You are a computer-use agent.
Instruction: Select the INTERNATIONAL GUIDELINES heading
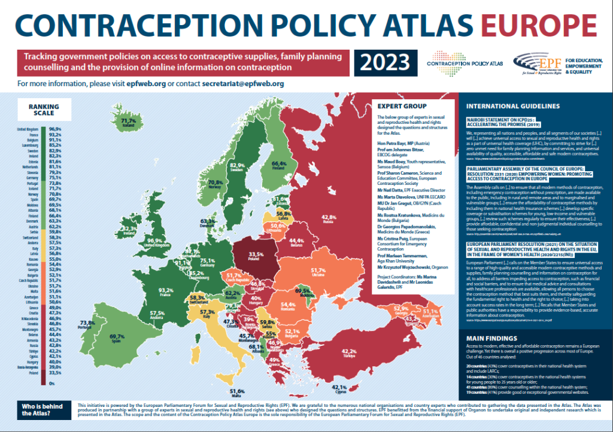click(x=513, y=106)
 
